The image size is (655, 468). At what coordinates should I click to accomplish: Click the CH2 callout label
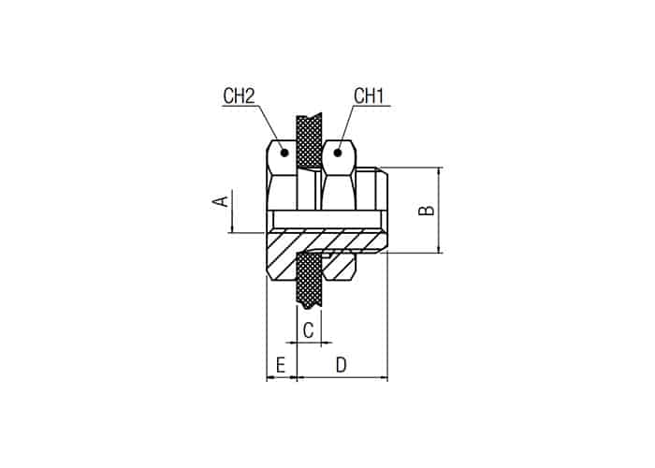[x=239, y=95]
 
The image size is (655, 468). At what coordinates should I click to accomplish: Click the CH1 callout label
[x=369, y=95]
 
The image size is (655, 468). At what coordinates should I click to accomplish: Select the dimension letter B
[x=427, y=211]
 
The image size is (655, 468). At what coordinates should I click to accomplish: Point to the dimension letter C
[x=308, y=330]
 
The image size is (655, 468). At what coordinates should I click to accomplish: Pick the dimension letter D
[x=342, y=365]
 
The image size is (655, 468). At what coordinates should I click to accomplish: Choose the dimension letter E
[x=281, y=365]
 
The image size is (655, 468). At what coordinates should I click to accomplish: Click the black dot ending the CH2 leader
[x=284, y=153]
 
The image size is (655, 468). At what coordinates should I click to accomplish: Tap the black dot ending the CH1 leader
[x=338, y=153]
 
